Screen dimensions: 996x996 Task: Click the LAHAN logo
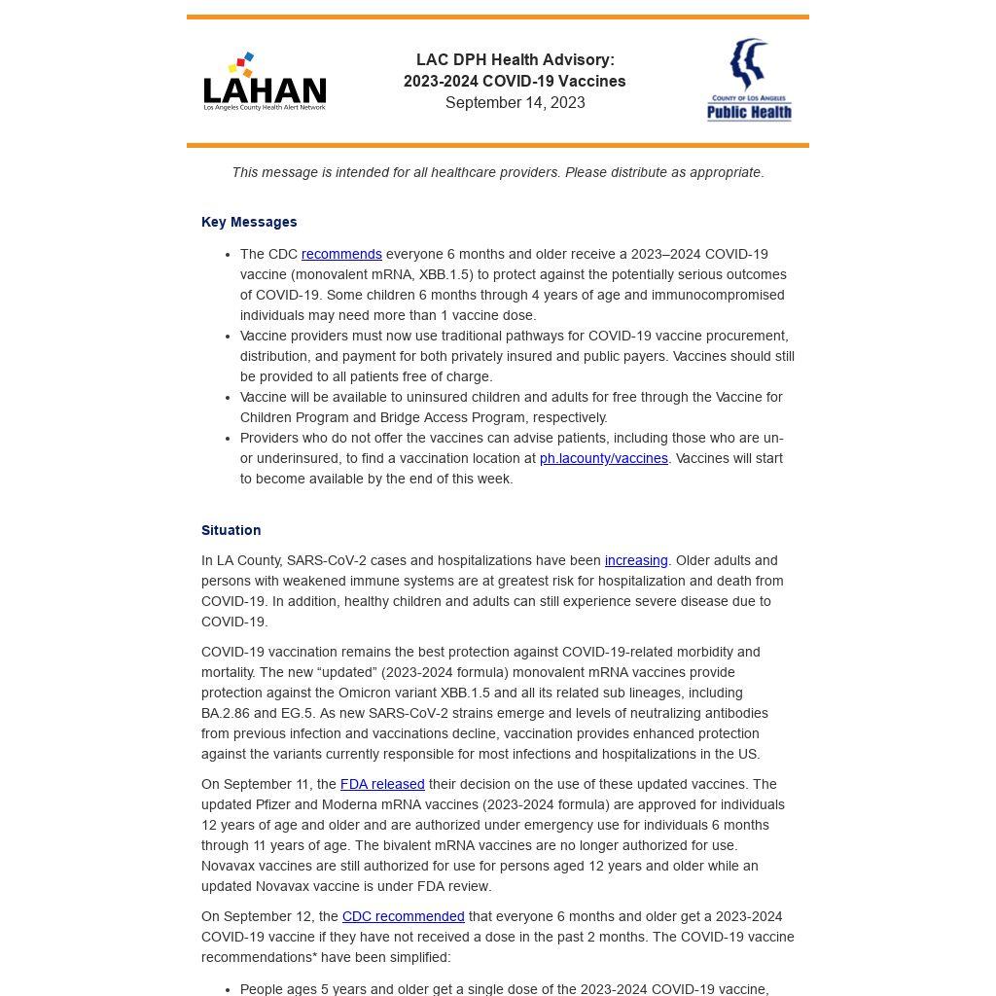pyautogui.click(x=265, y=82)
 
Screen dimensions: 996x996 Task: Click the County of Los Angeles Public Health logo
pyautogui.click(x=748, y=81)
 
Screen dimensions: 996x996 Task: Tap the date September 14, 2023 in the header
pyautogui.click(x=515, y=103)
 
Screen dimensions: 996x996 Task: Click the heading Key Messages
pyautogui.click(x=249, y=222)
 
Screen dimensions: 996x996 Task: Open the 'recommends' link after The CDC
pyautogui.click(x=341, y=254)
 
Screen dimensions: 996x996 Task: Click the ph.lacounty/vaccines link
pyautogui.click(x=603, y=458)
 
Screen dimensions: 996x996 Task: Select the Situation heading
pyautogui.click(x=231, y=530)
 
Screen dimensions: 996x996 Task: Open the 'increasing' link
pyautogui.click(x=636, y=560)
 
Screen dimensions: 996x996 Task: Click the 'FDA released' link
pyautogui.click(x=382, y=784)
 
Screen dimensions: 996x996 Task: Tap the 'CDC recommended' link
pyautogui.click(x=403, y=916)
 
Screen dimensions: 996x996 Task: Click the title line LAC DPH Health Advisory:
pyautogui.click(x=515, y=60)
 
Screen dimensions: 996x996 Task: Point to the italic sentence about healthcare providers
pyautogui.click(x=497, y=172)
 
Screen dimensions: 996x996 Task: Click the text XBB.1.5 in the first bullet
pyautogui.click(x=446, y=274)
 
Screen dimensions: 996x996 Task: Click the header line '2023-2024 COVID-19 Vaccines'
pyautogui.click(x=515, y=82)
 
